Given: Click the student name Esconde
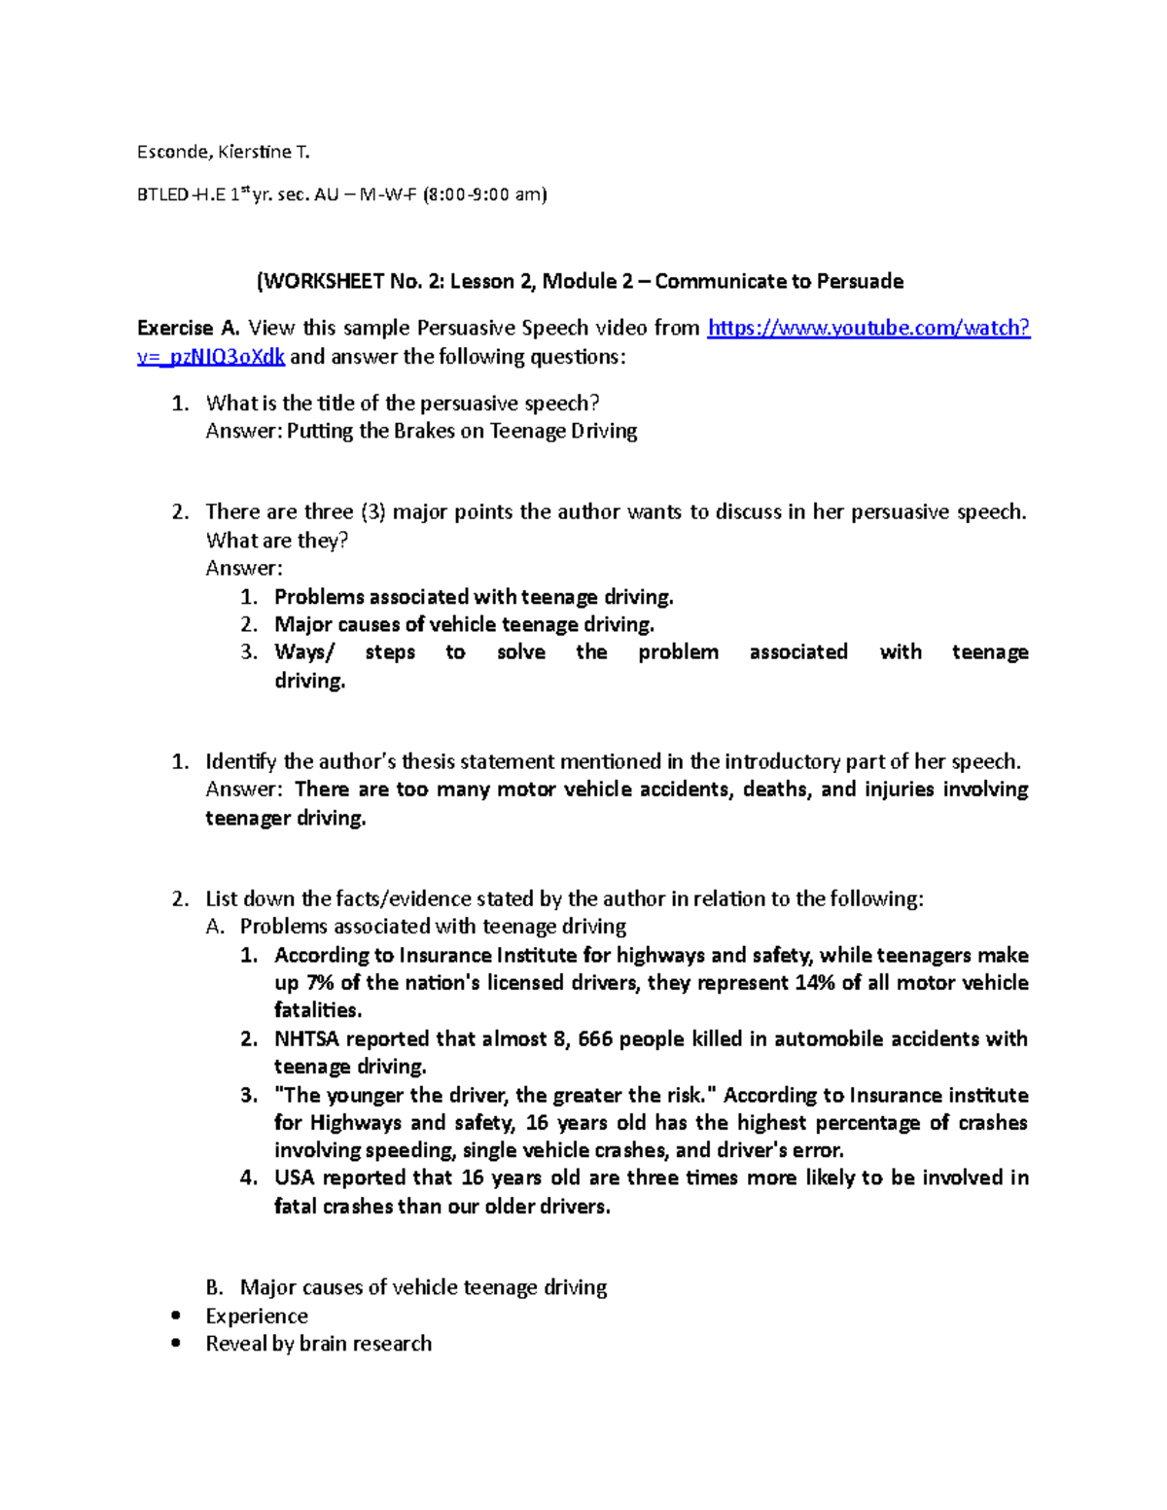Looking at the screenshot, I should pos(171,152).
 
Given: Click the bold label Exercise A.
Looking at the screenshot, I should pos(189,329).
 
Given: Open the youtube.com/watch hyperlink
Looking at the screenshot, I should pos(867,329).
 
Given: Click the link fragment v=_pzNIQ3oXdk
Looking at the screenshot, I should pos(211,357).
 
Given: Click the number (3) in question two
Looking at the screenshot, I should pos(372,512).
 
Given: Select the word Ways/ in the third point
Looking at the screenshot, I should pos(303,652).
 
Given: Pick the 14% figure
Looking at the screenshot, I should pos(814,983).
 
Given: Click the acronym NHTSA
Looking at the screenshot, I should pos(306,1039).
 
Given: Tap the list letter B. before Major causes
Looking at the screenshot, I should pos(215,1288).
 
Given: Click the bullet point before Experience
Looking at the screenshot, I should pos(175,1317).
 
